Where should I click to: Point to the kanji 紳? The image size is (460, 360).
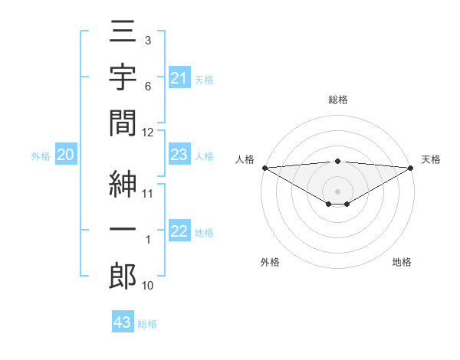point(123,183)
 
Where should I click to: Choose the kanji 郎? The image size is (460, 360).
point(123,274)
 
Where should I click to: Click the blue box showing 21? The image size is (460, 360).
point(179,78)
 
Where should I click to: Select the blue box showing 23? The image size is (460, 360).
point(179,155)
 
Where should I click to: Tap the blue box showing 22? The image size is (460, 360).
point(179,232)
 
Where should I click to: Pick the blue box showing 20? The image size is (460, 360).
point(66,155)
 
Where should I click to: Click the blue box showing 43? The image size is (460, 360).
point(122,322)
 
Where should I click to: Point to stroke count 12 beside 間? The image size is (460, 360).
point(148,132)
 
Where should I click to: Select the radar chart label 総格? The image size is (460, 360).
point(337,100)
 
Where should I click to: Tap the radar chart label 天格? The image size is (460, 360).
point(431,159)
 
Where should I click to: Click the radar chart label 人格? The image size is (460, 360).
point(244,159)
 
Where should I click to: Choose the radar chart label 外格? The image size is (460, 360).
point(269,262)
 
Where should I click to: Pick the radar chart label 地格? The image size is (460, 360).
point(402,262)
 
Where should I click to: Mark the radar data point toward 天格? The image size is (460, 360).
point(411,167)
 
